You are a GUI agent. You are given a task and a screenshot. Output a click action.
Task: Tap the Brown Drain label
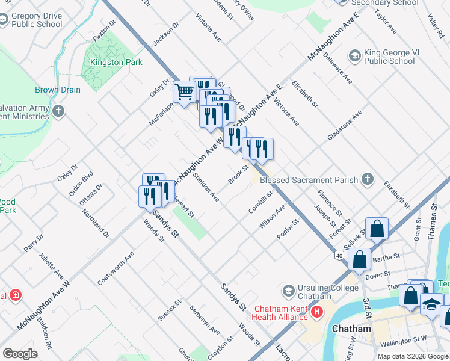(58, 90)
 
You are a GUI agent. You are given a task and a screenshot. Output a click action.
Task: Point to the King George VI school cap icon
(355, 56)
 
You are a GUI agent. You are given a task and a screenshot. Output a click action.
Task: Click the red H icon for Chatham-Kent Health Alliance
(315, 312)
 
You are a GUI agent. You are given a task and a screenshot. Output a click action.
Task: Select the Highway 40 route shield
(340, 256)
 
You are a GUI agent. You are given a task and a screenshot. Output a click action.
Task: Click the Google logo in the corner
(20, 353)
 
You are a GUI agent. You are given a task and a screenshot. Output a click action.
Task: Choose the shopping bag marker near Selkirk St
(376, 229)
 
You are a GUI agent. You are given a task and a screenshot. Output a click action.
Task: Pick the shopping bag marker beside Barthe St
(359, 259)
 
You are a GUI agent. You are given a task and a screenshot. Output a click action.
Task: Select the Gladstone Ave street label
(344, 125)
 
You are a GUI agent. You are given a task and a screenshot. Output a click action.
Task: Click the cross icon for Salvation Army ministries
(58, 111)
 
